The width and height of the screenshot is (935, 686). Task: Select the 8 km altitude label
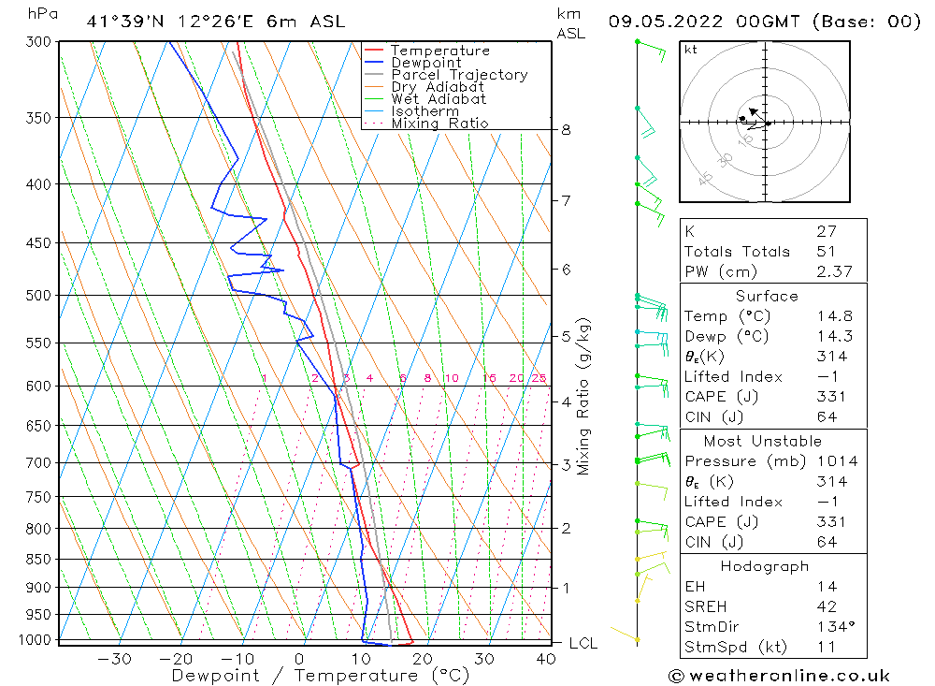coord(566,130)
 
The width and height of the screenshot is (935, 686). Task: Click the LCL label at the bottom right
coord(583,644)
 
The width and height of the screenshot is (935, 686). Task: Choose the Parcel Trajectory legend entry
coord(458,75)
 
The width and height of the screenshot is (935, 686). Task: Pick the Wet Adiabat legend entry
coord(438,99)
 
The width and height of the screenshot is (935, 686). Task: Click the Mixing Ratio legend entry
coord(439,124)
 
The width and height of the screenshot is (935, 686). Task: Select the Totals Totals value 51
coord(827,251)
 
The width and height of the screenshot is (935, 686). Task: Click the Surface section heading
coord(767,296)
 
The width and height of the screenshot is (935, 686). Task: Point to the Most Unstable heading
coord(762,441)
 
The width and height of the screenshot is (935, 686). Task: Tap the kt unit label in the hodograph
coord(690,50)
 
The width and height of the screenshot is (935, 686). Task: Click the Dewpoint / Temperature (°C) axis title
coord(320,676)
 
